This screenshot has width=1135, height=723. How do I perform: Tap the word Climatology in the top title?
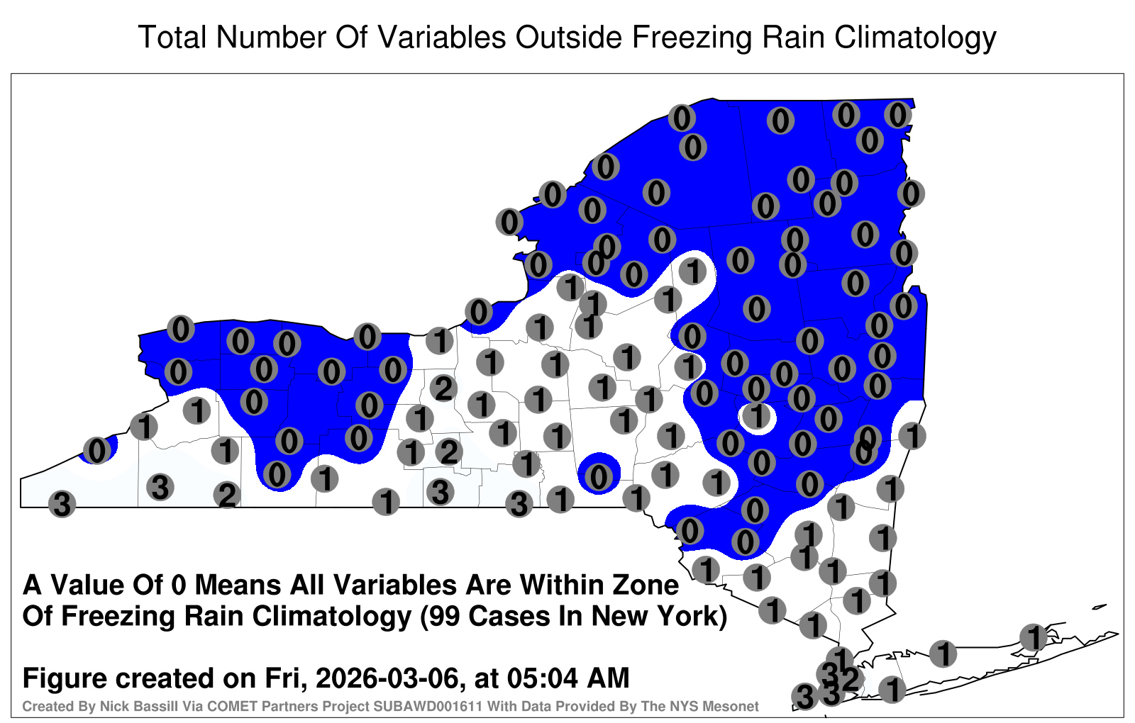pos(915,38)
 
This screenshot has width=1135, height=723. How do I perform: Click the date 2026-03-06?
pos(387,678)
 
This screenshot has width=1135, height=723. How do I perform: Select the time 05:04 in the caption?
pos(542,678)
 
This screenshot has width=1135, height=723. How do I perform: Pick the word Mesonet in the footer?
pos(735,706)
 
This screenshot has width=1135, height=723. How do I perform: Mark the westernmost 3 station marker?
pos(62,504)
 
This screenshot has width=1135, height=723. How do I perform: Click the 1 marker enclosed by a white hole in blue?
pos(757,416)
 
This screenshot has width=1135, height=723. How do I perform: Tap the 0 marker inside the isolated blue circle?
pos(599,476)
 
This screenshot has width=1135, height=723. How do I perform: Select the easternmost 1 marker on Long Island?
pos(1033,637)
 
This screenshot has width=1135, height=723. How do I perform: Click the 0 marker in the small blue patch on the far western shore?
pos(96,450)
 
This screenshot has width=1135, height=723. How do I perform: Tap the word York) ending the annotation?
pos(692,617)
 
